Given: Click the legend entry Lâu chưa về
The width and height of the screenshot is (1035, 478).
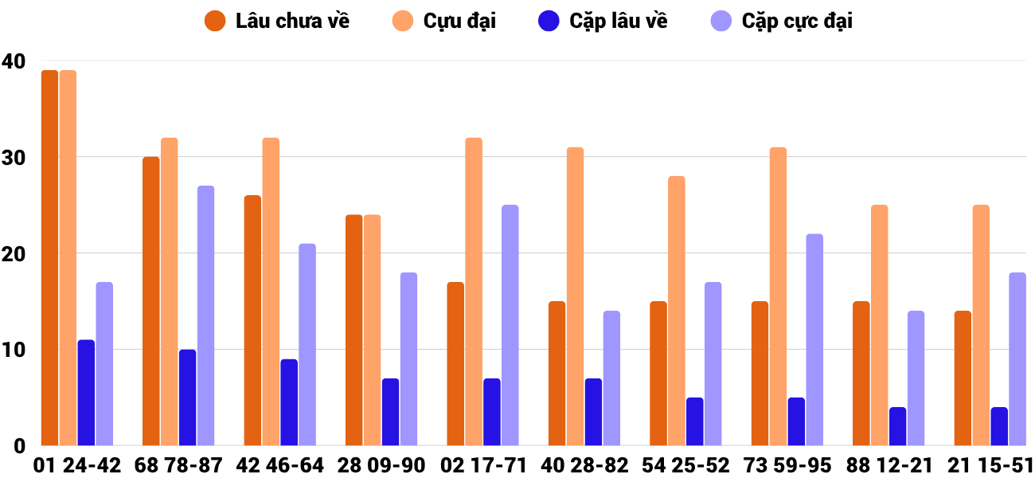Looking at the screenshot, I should click(277, 22).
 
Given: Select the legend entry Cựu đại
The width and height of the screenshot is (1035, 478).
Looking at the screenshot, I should click(443, 22).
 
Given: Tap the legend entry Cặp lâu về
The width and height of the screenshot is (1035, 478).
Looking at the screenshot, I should click(603, 22).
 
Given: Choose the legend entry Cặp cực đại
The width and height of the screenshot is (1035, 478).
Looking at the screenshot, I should click(781, 22).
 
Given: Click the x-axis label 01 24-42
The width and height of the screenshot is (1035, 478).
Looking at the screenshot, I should click(77, 465).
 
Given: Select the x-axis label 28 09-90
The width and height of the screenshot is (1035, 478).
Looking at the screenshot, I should click(381, 465).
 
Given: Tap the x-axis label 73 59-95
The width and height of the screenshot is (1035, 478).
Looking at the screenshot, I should click(787, 465).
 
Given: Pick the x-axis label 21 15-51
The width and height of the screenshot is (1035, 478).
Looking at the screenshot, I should click(990, 465).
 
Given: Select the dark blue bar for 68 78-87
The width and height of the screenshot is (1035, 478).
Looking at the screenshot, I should click(188, 398).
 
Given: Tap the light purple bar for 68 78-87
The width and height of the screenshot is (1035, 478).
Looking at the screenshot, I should click(205, 315).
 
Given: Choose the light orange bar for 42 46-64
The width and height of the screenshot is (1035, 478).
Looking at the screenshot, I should click(271, 292).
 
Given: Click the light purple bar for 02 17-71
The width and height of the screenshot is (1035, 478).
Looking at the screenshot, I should click(510, 325).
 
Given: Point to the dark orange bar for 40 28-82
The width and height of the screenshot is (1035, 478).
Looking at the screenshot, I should click(557, 374).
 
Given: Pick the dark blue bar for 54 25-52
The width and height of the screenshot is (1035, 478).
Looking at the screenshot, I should click(695, 421).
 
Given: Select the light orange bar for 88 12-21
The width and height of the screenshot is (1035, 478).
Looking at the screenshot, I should click(880, 325).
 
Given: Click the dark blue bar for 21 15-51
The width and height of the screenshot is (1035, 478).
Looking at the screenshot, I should click(999, 426).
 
